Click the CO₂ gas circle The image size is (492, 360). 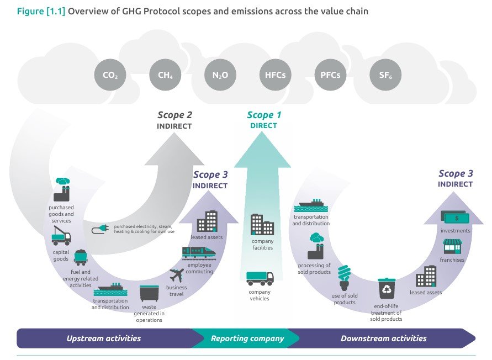point(110,76)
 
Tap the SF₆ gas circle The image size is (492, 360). point(385,76)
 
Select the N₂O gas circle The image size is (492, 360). point(220,76)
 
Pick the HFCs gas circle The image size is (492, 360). point(275,76)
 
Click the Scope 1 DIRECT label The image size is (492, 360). point(264,120)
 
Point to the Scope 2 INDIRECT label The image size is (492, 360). point(174,120)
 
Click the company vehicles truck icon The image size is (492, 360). point(260,278)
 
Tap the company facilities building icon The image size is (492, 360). point(262,225)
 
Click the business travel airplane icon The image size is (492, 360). point(177,274)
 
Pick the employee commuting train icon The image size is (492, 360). point(198,252)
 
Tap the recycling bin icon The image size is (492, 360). point(387,289)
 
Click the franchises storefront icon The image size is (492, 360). point(452,246)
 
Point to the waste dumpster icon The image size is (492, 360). point(149,293)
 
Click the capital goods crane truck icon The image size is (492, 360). point(61,236)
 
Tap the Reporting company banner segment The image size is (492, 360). point(247,338)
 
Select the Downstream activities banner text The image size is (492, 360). point(383,338)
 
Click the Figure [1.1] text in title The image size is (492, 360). point(40,11)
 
